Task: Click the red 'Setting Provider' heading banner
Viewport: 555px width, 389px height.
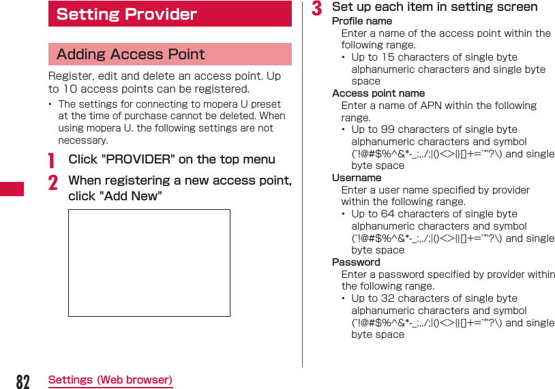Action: click(170, 14)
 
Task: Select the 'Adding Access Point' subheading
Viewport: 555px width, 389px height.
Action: click(170, 55)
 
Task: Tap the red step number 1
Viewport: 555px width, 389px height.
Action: click(52, 160)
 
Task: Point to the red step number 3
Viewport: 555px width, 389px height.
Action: click(316, 8)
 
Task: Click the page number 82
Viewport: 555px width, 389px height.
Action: click(22, 382)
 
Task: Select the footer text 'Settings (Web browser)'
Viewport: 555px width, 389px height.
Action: click(110, 380)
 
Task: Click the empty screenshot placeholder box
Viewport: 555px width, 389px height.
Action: click(149, 263)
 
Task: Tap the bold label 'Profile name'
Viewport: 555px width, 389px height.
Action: click(361, 21)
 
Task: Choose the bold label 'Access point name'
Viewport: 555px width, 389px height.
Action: click(378, 93)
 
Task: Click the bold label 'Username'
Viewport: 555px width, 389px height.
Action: click(357, 178)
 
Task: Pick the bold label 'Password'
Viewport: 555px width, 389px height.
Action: click(356, 262)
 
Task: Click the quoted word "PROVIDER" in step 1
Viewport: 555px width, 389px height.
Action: click(136, 159)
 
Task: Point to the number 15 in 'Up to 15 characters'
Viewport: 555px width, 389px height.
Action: click(388, 57)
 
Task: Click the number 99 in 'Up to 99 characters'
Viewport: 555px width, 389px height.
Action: click(388, 129)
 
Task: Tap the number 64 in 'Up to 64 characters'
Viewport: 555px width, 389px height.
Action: click(388, 214)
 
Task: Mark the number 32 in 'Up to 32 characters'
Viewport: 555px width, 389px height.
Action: click(388, 298)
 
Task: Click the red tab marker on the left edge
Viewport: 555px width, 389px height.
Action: click(12, 189)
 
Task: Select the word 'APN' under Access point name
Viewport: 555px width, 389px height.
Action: click(432, 106)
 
